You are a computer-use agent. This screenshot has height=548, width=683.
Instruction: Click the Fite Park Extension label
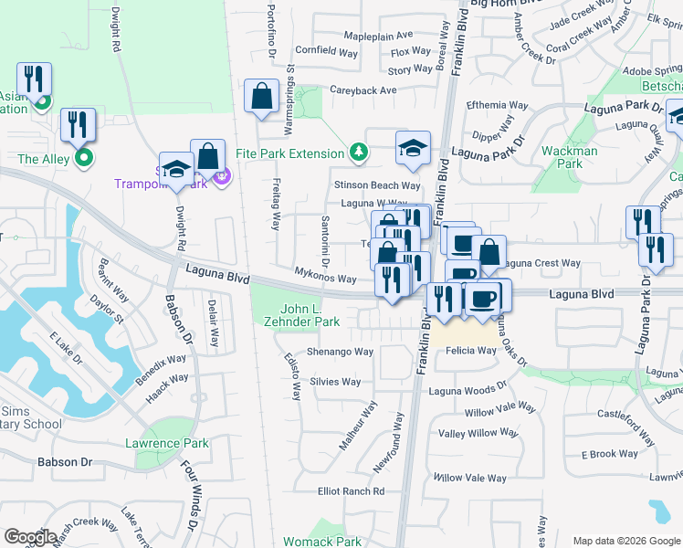click(290, 153)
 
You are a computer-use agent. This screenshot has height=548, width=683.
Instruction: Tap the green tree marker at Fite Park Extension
click(360, 152)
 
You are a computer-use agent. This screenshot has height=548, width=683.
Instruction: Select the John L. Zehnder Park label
click(310, 315)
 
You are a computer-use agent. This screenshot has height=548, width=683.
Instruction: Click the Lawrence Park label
click(167, 444)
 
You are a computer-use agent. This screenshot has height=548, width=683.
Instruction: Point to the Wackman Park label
click(569, 157)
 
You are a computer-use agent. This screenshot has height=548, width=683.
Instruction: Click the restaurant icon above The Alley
click(78, 123)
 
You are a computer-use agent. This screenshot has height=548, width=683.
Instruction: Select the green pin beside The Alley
click(84, 158)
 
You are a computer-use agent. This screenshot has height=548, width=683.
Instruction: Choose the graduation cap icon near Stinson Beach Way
click(413, 147)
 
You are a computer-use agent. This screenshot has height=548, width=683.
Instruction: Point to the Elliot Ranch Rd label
click(352, 491)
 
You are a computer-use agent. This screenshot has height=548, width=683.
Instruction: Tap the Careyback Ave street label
click(363, 90)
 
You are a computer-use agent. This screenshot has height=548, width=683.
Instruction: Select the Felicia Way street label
click(471, 351)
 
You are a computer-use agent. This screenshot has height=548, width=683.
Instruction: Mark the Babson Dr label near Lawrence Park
click(65, 462)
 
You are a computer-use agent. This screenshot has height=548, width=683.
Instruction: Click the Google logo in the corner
click(30, 537)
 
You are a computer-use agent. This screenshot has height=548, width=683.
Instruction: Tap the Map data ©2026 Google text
click(625, 541)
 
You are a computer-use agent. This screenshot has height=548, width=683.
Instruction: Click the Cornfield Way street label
click(326, 53)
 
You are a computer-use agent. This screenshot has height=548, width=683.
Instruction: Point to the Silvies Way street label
click(336, 382)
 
